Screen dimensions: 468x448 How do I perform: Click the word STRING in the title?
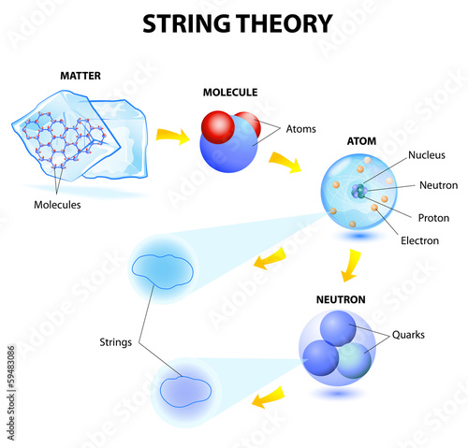pos(187,23)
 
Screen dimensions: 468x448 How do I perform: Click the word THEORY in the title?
pos(285,23)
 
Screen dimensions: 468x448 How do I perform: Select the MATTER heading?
pos(80,76)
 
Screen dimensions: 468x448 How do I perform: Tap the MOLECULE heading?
pos(230,93)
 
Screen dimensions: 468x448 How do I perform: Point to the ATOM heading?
pos(361,141)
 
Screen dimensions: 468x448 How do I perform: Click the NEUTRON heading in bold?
pos(341,299)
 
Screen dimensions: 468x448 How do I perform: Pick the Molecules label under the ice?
pos(57,205)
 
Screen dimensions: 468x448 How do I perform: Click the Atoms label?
pos(301,129)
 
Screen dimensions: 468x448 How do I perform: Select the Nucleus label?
pos(427,155)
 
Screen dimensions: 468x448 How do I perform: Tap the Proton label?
pos(433,218)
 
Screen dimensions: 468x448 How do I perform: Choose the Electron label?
pos(419,240)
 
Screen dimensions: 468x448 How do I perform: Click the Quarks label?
pos(408,335)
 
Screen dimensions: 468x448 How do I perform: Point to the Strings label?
pos(116,342)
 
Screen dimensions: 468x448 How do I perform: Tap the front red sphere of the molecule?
pos(218,127)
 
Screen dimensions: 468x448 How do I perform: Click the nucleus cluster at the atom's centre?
pos(359,191)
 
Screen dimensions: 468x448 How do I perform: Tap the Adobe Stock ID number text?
pos(11,368)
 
